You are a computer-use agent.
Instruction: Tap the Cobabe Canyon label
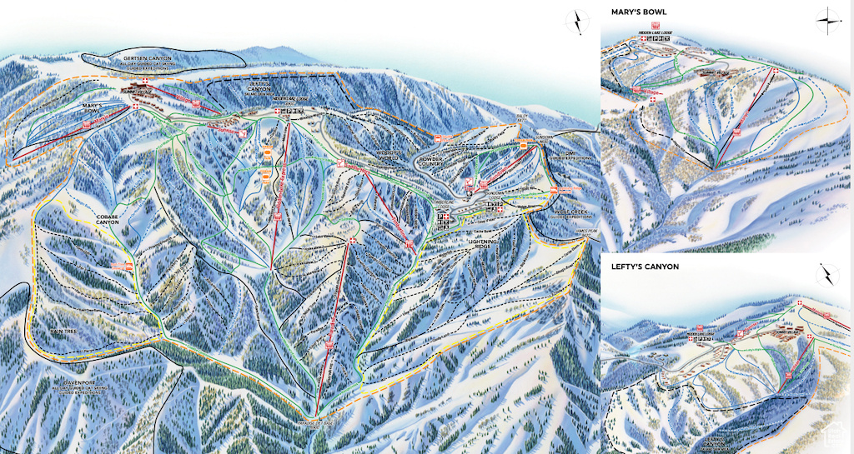tap(107, 219)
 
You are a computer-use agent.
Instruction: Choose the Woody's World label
tap(390, 154)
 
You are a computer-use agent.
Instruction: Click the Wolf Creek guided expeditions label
tap(570, 214)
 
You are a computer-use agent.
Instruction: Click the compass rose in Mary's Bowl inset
tap(827, 20)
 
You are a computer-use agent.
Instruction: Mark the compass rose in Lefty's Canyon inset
tap(827, 275)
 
